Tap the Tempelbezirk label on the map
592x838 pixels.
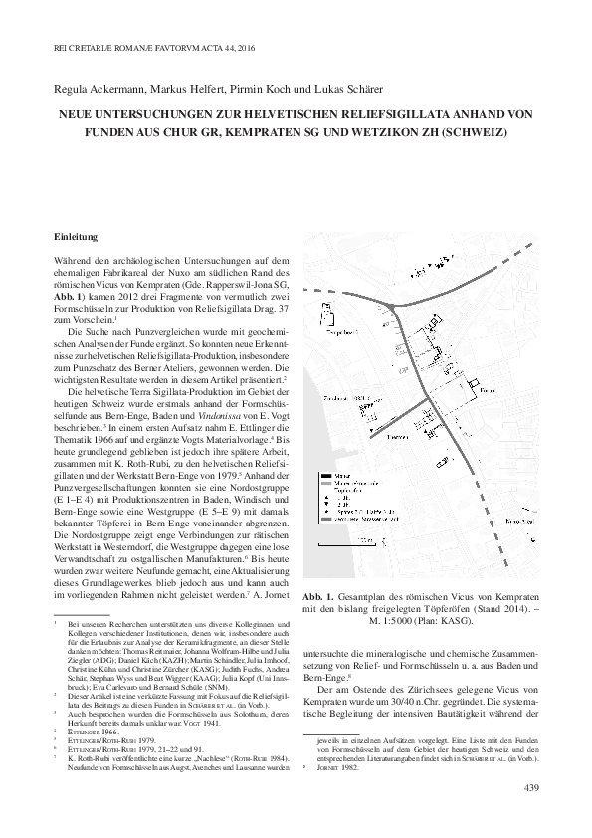(x=339, y=322)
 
